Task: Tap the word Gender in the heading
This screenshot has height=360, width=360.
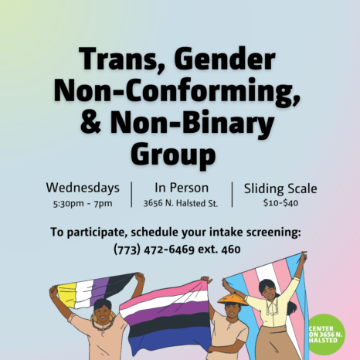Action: (225, 59)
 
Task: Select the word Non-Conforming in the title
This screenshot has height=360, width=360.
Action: (177, 92)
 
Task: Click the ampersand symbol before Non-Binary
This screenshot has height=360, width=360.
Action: (90, 122)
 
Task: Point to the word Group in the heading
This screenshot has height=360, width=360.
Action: (173, 154)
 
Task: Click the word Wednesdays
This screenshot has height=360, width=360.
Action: (83, 188)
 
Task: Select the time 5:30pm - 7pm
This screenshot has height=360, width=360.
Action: (83, 203)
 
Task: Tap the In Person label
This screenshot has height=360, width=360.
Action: (182, 188)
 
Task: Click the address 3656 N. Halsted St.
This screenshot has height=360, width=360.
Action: (181, 203)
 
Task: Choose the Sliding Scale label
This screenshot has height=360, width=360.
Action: (280, 188)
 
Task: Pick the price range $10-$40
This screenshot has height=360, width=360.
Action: (280, 202)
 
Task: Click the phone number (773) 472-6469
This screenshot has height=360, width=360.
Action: (154, 250)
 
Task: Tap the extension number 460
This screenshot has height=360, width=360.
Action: (231, 250)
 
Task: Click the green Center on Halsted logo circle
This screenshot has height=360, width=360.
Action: (327, 335)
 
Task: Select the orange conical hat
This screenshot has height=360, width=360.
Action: (233, 299)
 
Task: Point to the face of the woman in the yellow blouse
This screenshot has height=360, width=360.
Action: (269, 291)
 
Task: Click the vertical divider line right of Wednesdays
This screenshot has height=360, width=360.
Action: (131, 195)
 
